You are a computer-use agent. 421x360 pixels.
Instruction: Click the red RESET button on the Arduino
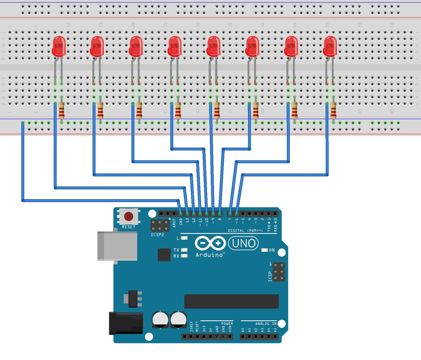point(129,217)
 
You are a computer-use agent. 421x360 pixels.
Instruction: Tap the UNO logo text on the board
point(243,243)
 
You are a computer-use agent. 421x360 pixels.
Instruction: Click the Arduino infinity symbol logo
point(209,243)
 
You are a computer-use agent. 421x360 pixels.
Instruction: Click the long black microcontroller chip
point(231,301)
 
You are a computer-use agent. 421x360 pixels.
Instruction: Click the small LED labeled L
point(185,238)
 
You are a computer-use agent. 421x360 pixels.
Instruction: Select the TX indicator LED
point(185,250)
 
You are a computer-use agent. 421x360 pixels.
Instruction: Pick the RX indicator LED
point(185,256)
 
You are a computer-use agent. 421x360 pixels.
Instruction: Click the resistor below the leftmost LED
point(62,111)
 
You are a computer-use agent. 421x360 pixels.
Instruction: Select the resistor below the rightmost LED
point(333,111)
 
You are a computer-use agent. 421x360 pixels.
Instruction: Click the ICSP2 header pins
point(159,225)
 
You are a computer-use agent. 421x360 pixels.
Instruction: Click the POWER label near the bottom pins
point(227,323)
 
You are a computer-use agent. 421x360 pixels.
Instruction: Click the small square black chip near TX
point(164,255)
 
